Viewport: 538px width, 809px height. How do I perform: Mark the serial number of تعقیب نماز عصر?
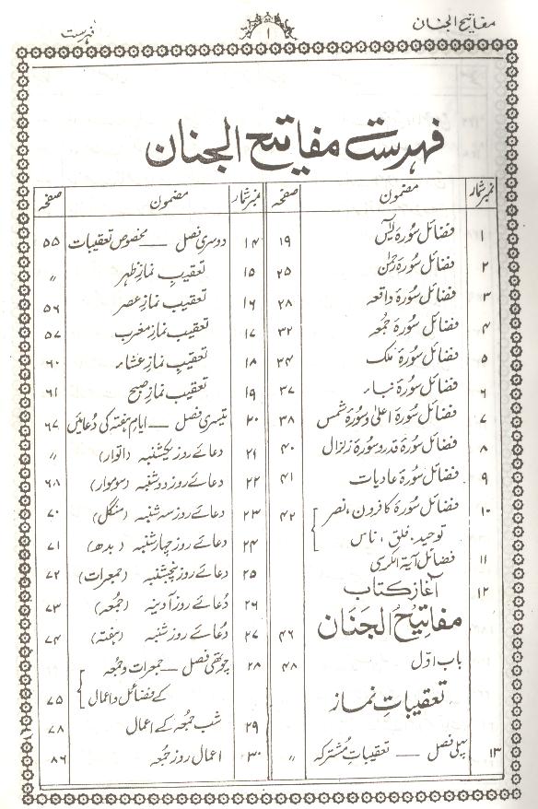coord(251,301)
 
